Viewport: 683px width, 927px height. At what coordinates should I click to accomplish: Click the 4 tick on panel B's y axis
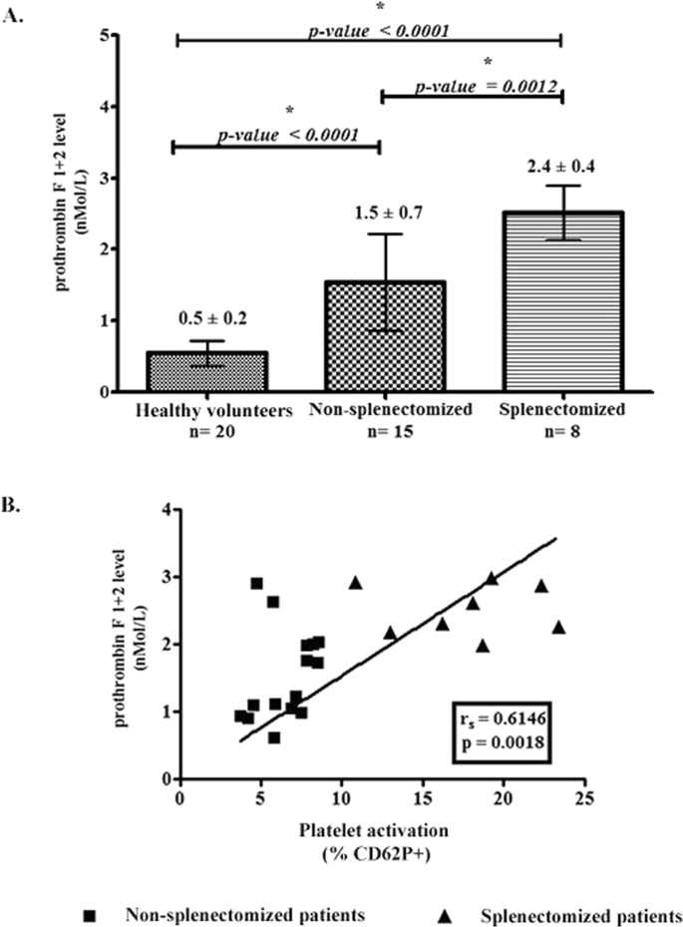click(166, 510)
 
